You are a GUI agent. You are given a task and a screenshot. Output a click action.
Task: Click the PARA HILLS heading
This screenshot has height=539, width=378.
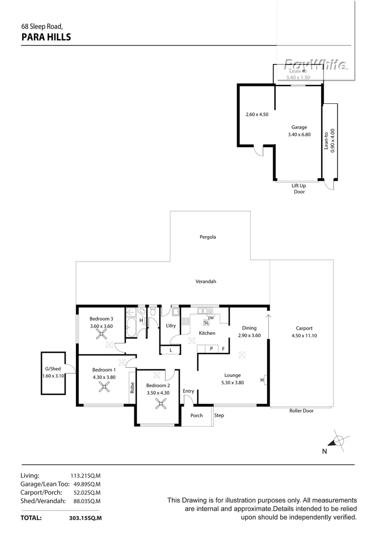click(x=46, y=36)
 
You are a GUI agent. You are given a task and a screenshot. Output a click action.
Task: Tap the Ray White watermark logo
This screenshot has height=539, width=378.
click(x=316, y=64)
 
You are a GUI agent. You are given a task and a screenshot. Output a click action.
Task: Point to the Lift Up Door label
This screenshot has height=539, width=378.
click(x=299, y=189)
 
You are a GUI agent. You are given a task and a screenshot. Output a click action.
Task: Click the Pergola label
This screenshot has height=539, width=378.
click(x=207, y=237)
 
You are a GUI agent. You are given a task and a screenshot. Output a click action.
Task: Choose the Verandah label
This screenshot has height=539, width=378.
click(x=205, y=281)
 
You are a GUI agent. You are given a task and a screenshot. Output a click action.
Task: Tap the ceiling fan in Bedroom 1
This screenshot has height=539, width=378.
click(x=104, y=386)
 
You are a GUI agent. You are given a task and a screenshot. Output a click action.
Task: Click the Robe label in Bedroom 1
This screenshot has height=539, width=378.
click(x=132, y=388)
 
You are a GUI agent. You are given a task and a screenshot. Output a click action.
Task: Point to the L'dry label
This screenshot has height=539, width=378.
click(x=170, y=326)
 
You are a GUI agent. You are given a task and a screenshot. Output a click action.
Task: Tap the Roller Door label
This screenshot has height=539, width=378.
click(x=302, y=411)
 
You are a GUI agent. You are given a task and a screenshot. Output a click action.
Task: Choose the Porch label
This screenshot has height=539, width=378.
click(x=197, y=415)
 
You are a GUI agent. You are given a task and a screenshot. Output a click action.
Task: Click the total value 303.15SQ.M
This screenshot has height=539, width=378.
click(x=85, y=518)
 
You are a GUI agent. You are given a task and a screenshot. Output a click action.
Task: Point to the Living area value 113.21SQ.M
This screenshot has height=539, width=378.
click(x=86, y=476)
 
